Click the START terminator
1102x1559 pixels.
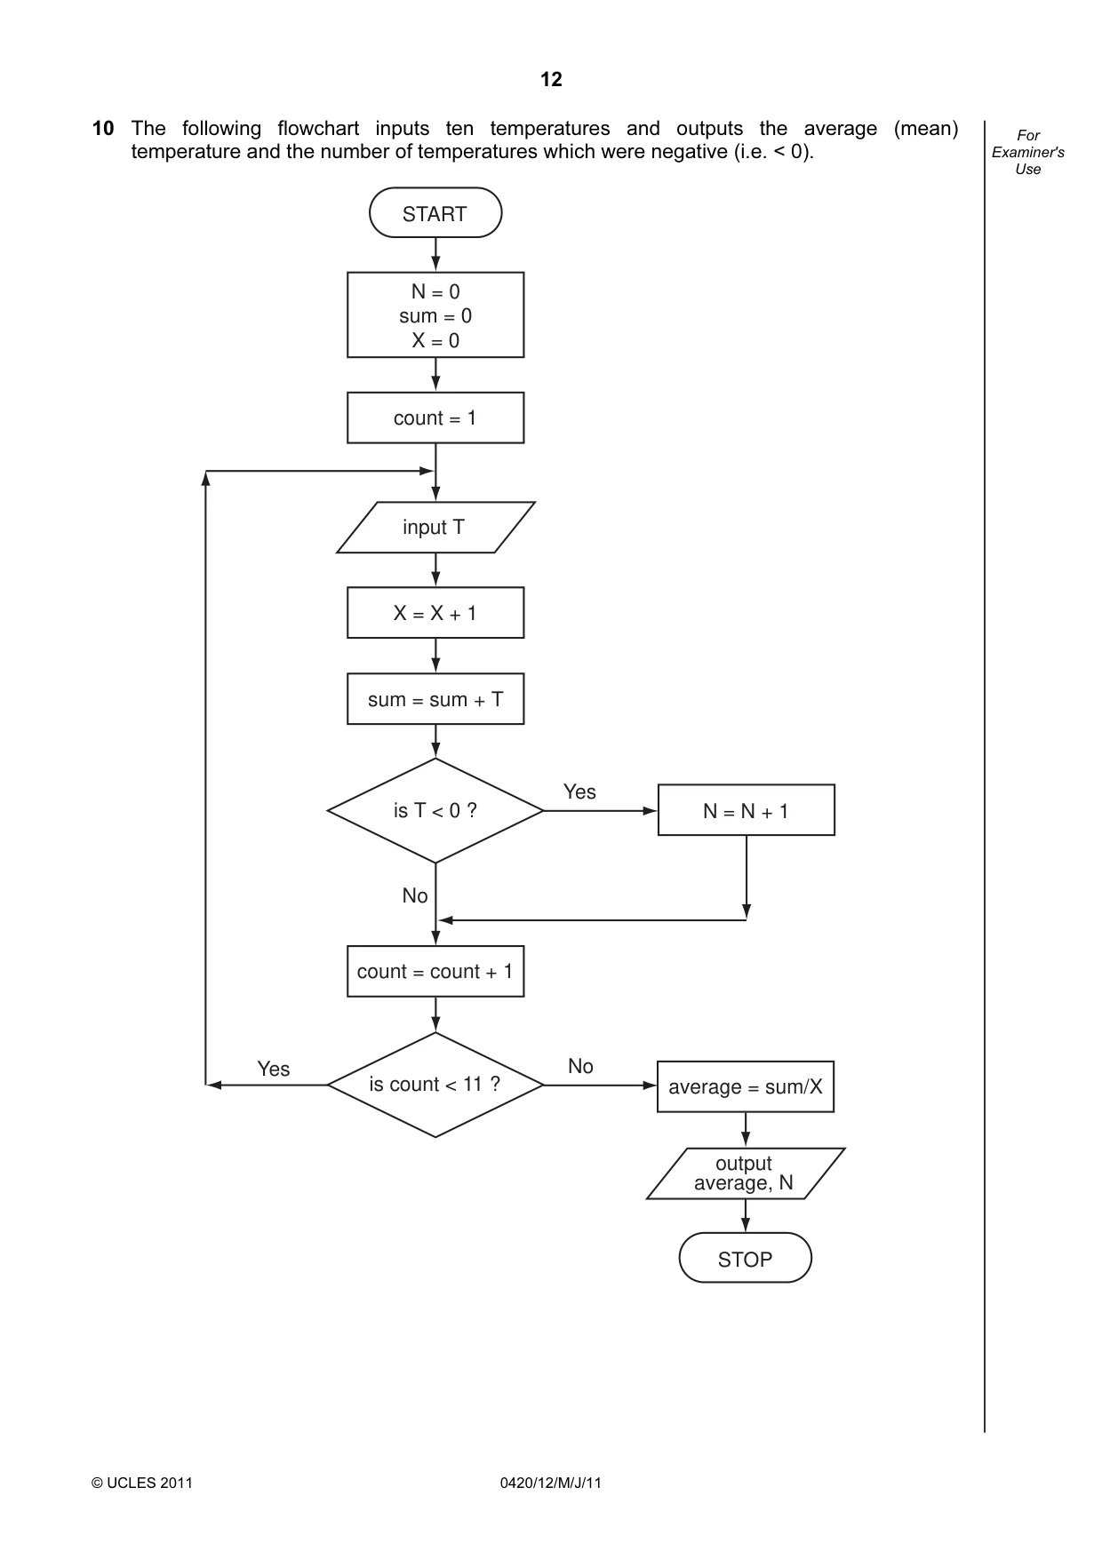[x=435, y=213]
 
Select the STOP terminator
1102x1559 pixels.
[x=746, y=1258]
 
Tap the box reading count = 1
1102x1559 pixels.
[x=435, y=418]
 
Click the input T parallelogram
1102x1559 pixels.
[x=435, y=528]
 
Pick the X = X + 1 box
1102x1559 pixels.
[x=435, y=613]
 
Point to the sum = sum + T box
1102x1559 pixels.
[x=435, y=699]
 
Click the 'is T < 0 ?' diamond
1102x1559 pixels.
[x=435, y=811]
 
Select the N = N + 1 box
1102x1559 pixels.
[x=747, y=810]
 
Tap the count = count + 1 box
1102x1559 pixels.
[x=435, y=971]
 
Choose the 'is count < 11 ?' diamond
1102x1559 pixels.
[x=435, y=1085]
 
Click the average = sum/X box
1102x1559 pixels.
[x=746, y=1086]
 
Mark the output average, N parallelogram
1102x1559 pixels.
[x=746, y=1173]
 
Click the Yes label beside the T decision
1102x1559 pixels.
[x=579, y=791]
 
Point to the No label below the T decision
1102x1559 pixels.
[x=415, y=895]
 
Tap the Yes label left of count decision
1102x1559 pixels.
[x=274, y=1069]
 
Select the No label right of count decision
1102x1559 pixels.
[x=580, y=1066]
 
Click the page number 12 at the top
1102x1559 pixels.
[x=551, y=80]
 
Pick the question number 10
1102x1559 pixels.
[x=103, y=129]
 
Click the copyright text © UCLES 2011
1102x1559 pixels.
[x=142, y=1483]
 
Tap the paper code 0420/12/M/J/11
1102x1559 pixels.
[x=551, y=1483]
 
